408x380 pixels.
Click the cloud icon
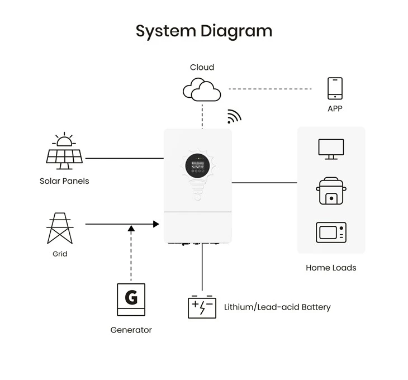tap(202, 90)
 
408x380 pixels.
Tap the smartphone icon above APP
tap(335, 88)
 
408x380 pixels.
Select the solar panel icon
tap(64, 151)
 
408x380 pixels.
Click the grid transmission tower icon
tap(60, 228)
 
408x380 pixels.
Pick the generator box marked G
tap(131, 300)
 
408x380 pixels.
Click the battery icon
tap(202, 307)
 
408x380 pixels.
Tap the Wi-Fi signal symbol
tap(234, 117)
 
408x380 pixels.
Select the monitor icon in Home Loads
tap(331, 149)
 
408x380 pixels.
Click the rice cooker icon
tap(331, 191)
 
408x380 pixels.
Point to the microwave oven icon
tap(331, 232)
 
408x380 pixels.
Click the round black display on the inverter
tap(197, 165)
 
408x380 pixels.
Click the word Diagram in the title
tap(236, 31)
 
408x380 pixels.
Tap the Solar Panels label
tap(64, 181)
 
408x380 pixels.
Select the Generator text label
tap(131, 330)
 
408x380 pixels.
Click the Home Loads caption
tap(331, 268)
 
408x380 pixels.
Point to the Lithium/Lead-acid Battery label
tap(277, 307)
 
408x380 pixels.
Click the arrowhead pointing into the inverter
tap(156, 224)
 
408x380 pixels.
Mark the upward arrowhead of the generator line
tap(131, 229)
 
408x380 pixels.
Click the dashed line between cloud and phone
tap(270, 89)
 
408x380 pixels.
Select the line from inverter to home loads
tap(264, 183)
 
